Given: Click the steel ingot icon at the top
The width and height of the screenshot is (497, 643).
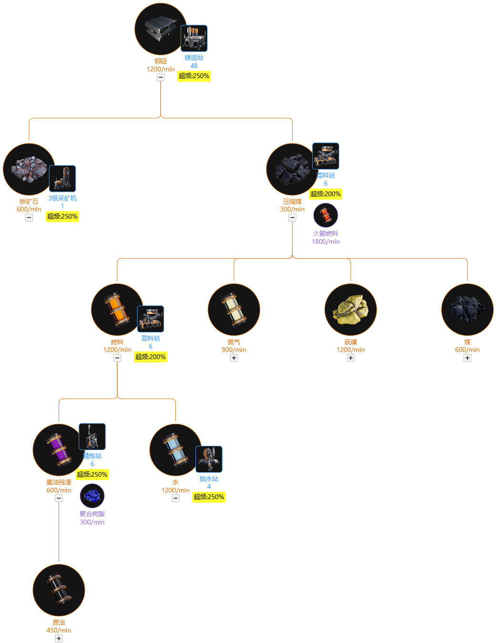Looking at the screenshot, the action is click(x=161, y=29).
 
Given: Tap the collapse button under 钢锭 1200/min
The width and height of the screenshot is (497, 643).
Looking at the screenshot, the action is click(x=161, y=77).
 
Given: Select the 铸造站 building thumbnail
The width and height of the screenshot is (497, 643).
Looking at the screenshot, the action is click(x=194, y=38).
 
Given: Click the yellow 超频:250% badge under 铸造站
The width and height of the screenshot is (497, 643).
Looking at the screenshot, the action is click(x=194, y=76).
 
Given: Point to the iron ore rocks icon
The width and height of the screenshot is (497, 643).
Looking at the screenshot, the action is click(x=29, y=169).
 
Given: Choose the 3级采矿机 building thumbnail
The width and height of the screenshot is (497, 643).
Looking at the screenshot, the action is click(x=62, y=179).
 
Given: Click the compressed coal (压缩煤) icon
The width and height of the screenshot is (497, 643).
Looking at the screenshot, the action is click(x=292, y=169).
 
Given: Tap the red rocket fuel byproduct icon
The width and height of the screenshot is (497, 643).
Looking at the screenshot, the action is click(x=325, y=215).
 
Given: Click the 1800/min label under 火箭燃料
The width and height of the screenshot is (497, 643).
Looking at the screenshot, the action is click(x=325, y=241).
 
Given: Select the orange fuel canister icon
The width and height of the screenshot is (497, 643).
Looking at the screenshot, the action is click(x=117, y=310).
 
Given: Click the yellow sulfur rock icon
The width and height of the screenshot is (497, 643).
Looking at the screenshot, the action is click(x=351, y=310).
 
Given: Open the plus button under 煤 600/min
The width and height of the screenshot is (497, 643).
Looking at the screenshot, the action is click(x=467, y=358).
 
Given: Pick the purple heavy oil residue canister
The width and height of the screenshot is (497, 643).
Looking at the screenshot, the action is click(x=59, y=450).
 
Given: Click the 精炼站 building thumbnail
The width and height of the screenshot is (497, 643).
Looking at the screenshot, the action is click(x=92, y=436).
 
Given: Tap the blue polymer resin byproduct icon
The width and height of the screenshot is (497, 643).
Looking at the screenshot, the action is click(x=92, y=496).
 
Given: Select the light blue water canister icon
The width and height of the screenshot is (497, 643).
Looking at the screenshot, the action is click(x=175, y=450).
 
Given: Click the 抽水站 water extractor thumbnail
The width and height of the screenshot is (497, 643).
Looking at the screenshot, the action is click(x=209, y=459).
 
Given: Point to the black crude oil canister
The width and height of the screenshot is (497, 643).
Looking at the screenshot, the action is click(x=59, y=590).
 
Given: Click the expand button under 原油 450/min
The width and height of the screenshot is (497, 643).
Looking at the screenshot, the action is click(x=59, y=638).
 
